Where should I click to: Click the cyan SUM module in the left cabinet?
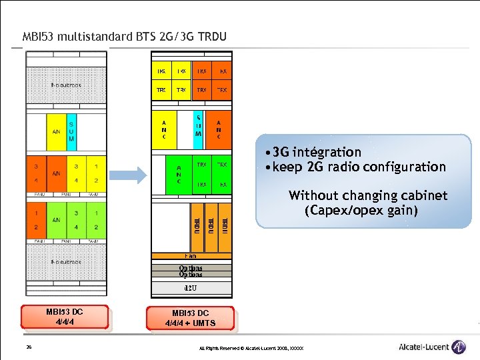click(x=71, y=131)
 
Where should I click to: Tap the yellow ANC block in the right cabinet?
click(x=165, y=128)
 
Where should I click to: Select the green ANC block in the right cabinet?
click(x=179, y=175)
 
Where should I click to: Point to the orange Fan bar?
click(x=191, y=255)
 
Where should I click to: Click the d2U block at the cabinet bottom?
click(x=191, y=288)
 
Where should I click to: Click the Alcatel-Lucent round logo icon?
click(x=459, y=347)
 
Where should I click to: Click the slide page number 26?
click(x=29, y=347)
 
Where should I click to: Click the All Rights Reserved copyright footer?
click(x=251, y=349)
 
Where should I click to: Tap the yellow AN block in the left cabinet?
click(x=56, y=131)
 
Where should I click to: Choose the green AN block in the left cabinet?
click(x=56, y=219)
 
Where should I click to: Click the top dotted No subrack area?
click(x=66, y=85)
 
